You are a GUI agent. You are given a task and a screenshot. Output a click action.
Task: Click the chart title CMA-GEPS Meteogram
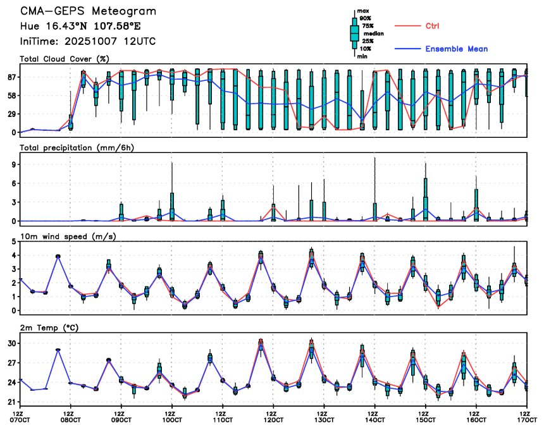tap(88, 11)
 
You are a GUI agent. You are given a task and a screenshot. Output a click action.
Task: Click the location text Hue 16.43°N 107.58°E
tap(87, 27)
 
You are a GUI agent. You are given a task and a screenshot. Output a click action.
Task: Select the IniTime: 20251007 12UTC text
tap(88, 41)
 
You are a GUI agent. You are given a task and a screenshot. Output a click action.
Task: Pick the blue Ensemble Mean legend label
tap(456, 49)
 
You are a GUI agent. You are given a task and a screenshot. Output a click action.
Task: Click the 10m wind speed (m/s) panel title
tap(63, 236)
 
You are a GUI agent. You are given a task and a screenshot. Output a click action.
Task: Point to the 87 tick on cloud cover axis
tap(11, 77)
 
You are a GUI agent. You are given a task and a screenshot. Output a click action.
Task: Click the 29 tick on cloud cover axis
tap(11, 114)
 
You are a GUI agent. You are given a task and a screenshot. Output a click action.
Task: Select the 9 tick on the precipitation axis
tap(13, 164)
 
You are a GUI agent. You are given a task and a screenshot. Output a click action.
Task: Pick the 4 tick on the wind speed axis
tap(13, 255)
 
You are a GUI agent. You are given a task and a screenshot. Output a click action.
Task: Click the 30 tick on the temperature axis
tap(11, 343)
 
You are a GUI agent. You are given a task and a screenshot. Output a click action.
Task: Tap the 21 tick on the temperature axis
tap(11, 402)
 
